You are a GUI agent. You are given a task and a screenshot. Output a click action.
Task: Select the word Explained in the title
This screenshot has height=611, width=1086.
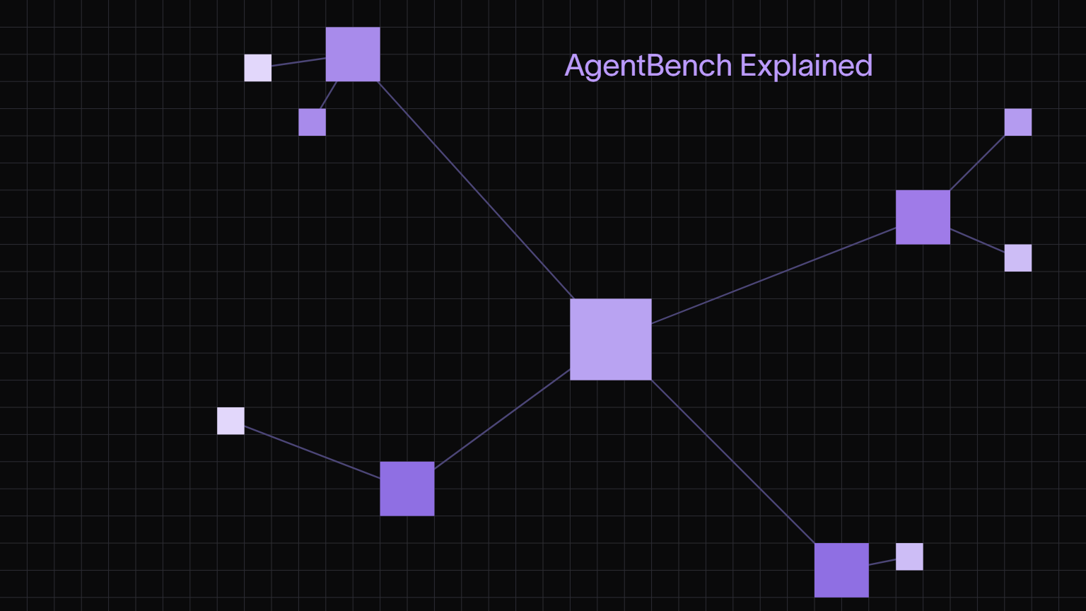pos(806,66)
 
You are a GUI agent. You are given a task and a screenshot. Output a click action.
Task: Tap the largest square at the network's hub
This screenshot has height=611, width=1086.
pos(611,339)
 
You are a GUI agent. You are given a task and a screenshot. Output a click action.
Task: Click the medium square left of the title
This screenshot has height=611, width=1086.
pos(353,54)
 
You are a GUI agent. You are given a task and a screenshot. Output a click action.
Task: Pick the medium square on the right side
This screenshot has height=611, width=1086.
pos(923,217)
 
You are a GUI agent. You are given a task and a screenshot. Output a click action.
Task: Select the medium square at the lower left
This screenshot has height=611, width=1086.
pos(407,489)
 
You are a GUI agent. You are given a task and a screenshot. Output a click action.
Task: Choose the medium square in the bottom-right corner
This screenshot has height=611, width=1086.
pos(841,570)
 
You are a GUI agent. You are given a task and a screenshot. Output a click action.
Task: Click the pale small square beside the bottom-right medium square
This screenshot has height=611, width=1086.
pos(909,557)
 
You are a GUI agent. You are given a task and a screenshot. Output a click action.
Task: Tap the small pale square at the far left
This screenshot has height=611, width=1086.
pos(230,421)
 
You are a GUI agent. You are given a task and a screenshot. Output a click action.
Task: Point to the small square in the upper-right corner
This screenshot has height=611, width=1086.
pos(1018,122)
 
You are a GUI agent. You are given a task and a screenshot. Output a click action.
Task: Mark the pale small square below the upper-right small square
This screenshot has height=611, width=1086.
pos(1018,258)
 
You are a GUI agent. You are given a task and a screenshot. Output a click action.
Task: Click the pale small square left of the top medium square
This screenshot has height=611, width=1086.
pos(258,68)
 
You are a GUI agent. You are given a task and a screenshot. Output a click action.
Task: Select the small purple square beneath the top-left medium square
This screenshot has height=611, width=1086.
pos(313,122)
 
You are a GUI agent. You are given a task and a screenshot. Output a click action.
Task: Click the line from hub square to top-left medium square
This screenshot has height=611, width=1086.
pos(476,190)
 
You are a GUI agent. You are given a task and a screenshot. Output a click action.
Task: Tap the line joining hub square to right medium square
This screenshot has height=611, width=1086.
pos(773,275)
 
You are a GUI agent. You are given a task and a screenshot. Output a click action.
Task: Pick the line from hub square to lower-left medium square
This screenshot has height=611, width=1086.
pos(502,419)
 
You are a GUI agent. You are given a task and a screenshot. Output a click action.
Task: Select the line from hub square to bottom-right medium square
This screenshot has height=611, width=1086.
pos(732,462)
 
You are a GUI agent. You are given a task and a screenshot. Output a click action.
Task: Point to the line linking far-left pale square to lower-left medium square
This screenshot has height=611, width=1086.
pos(313,452)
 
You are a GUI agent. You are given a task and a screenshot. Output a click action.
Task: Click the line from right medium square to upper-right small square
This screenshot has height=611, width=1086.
pos(977,163)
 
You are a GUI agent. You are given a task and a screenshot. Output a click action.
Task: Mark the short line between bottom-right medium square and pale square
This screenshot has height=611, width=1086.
pos(882,562)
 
